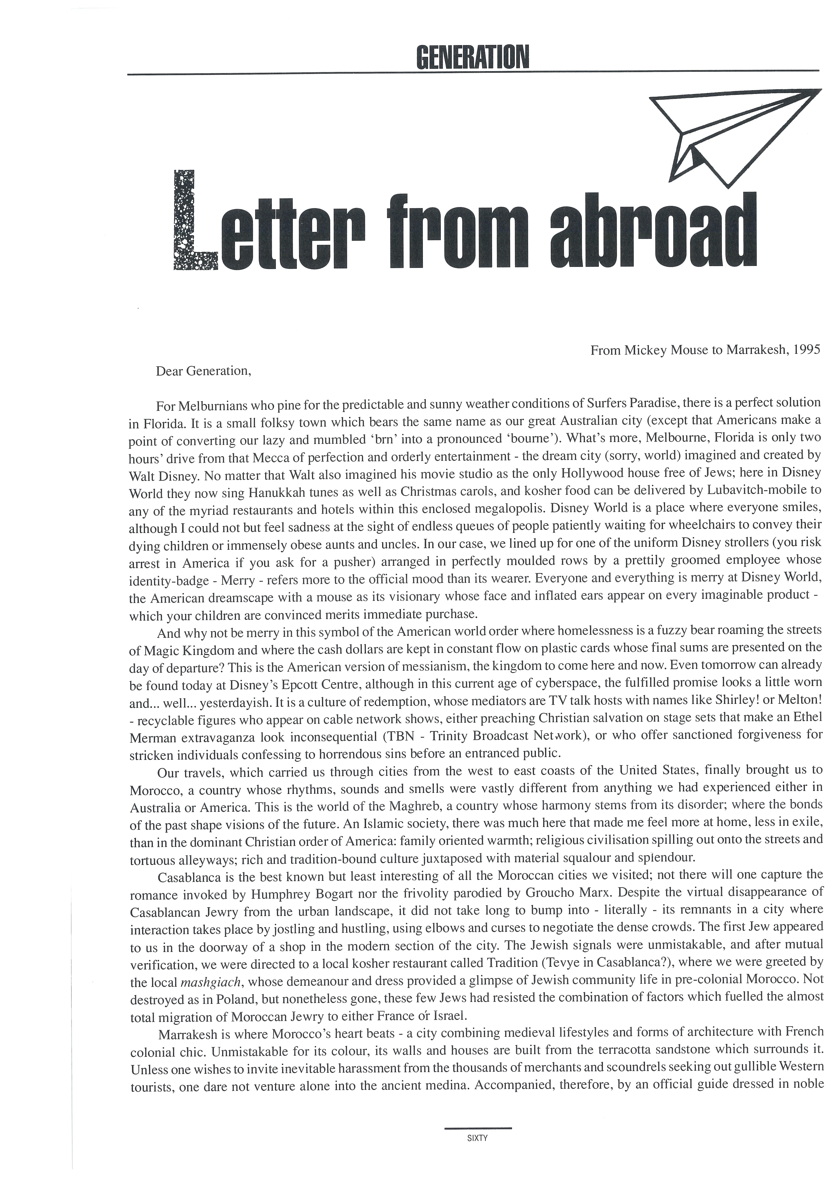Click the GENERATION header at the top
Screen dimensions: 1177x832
(x=472, y=58)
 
